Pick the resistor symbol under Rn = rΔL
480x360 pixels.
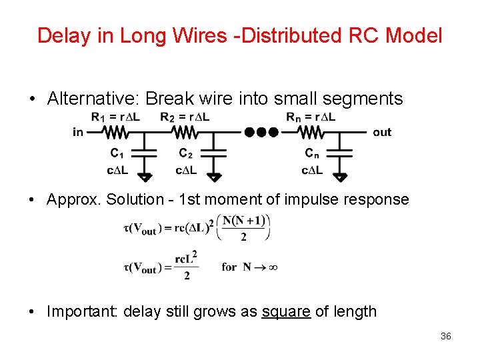coord(311,132)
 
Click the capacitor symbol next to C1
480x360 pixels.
coord(145,153)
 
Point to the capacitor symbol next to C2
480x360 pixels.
coord(214,153)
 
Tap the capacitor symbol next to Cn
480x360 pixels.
coord(340,153)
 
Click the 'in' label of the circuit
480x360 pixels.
coord(79,132)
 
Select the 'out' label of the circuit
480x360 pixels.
coord(382,132)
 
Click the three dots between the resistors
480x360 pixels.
coord(261,132)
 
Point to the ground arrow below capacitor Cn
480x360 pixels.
coord(340,177)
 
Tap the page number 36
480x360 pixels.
coord(446,337)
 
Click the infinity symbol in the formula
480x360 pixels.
coord(272,267)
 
